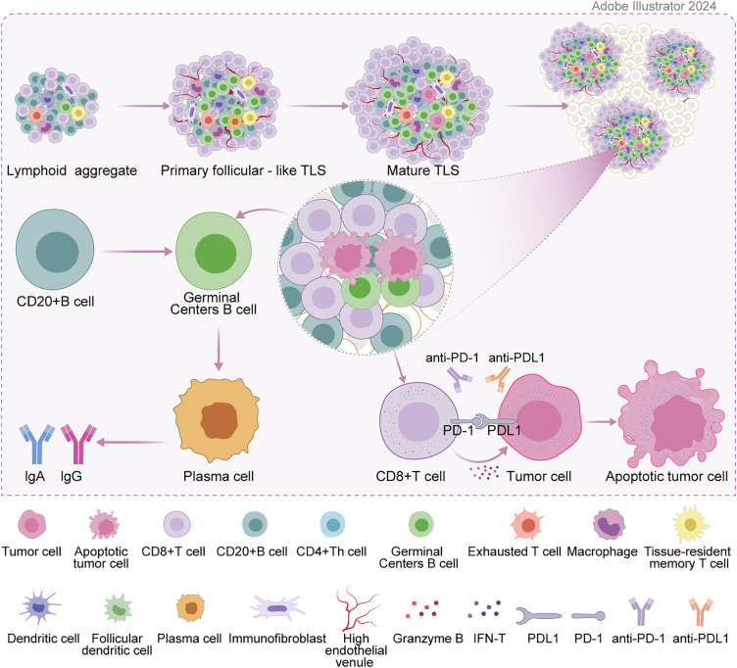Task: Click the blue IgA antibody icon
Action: [37, 430]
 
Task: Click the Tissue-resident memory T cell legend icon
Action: [694, 529]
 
